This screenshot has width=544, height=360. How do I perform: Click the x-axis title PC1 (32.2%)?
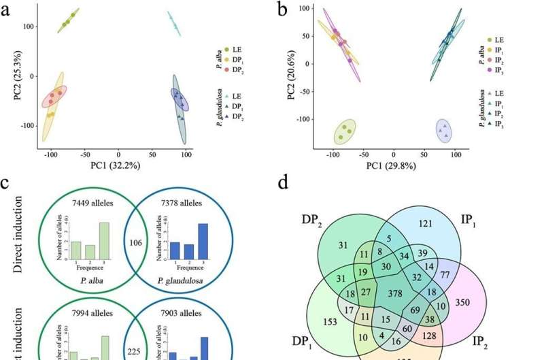click(118, 165)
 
